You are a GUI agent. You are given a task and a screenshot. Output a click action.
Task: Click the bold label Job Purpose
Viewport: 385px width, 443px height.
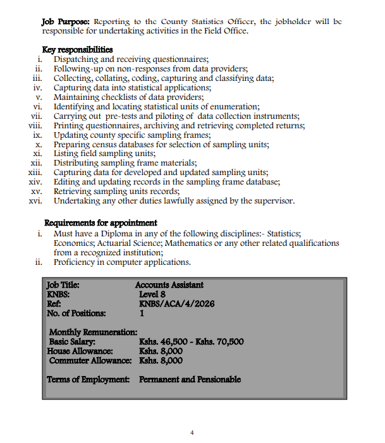(61, 21)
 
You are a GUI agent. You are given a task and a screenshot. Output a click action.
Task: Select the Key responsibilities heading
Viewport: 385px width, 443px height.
(77, 50)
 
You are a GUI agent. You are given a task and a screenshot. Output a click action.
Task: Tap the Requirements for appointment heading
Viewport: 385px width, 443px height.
(101, 222)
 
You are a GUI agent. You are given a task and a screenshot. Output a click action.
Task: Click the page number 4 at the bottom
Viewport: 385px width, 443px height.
(192, 432)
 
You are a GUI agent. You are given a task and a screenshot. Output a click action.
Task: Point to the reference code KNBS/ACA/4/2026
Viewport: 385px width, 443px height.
(176, 303)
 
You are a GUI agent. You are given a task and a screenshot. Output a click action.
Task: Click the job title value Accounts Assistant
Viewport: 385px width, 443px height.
(169, 286)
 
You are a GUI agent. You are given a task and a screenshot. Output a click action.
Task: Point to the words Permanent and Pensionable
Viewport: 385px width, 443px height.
(190, 380)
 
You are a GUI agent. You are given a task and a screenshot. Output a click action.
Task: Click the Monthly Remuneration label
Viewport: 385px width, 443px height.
(93, 332)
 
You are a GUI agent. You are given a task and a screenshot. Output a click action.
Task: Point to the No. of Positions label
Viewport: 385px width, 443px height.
(76, 313)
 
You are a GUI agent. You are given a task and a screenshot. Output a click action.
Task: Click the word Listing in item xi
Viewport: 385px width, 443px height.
(66, 154)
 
